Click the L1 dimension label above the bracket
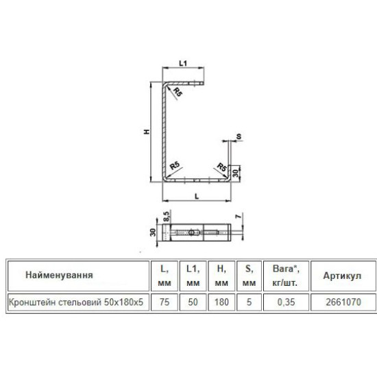pos(183,63)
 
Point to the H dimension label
pos(147,132)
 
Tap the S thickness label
pos(239,136)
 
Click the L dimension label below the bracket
pos(197,197)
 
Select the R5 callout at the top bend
pos(178,92)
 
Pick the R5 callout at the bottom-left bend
pos(175,166)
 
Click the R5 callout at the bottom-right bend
pos(221,167)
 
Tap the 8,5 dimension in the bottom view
pos(167,216)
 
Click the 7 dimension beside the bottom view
pos(238,216)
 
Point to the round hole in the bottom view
pos(192,232)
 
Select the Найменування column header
pos(59,275)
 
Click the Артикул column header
pos(342,276)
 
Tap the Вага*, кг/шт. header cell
pos(286,276)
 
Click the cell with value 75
pos(165,302)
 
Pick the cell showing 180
pos(221,302)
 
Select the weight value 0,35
pos(286,302)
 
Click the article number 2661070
pos(343,302)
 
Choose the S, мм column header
pos(249,276)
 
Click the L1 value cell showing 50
pos(193,302)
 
